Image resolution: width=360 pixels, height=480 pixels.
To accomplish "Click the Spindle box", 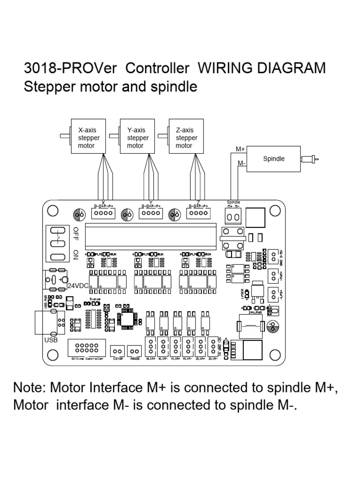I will pyautogui.click(x=274, y=159).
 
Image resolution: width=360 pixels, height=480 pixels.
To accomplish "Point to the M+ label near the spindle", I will pyautogui.click(x=240, y=149).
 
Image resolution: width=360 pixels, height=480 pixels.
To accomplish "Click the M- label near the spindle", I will pyautogui.click(x=241, y=163).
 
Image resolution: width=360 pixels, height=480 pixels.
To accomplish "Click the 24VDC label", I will pyautogui.click(x=78, y=285).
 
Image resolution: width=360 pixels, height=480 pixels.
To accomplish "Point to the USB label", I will pyautogui.click(x=51, y=340).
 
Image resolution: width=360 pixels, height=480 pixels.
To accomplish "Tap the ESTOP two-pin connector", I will pyautogui.click(x=117, y=351).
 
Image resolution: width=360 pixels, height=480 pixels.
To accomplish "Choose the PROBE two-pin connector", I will pyautogui.click(x=135, y=351).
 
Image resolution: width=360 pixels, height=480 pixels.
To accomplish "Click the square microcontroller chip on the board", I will pyautogui.click(x=127, y=318).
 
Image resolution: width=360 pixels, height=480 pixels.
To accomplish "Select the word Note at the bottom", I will pyautogui.click(x=30, y=388).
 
